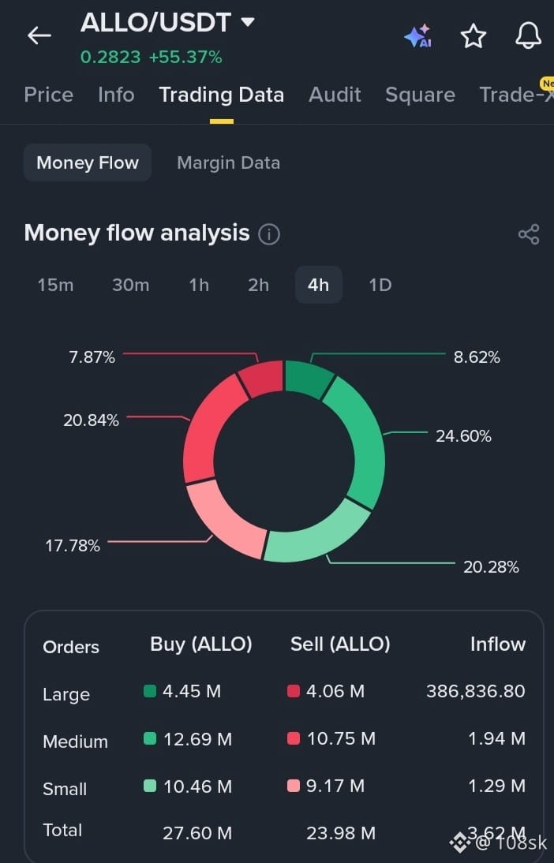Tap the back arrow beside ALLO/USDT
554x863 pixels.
pyautogui.click(x=39, y=35)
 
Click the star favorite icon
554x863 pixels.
pyautogui.click(x=473, y=36)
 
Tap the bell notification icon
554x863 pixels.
pyautogui.click(x=528, y=35)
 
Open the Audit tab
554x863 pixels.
pyautogui.click(x=335, y=95)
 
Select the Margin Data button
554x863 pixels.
pyautogui.click(x=229, y=163)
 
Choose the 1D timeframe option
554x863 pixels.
pyautogui.click(x=380, y=285)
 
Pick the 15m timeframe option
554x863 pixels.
pyautogui.click(x=55, y=285)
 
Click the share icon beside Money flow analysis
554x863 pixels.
pyautogui.click(x=529, y=234)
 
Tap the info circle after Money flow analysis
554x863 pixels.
pyautogui.click(x=269, y=234)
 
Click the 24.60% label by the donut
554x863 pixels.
pyautogui.click(x=463, y=436)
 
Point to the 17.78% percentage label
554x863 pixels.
pyautogui.click(x=73, y=546)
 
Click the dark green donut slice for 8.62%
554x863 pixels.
pyautogui.click(x=309, y=377)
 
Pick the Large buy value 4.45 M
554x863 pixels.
pyautogui.click(x=192, y=691)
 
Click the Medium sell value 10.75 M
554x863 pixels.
pyautogui.click(x=341, y=738)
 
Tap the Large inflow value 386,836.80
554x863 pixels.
pyautogui.click(x=476, y=691)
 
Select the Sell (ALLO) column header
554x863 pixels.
pyautogui.click(x=340, y=644)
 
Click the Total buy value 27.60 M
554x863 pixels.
pyautogui.click(x=197, y=833)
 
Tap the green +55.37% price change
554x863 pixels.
pyautogui.click(x=185, y=57)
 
